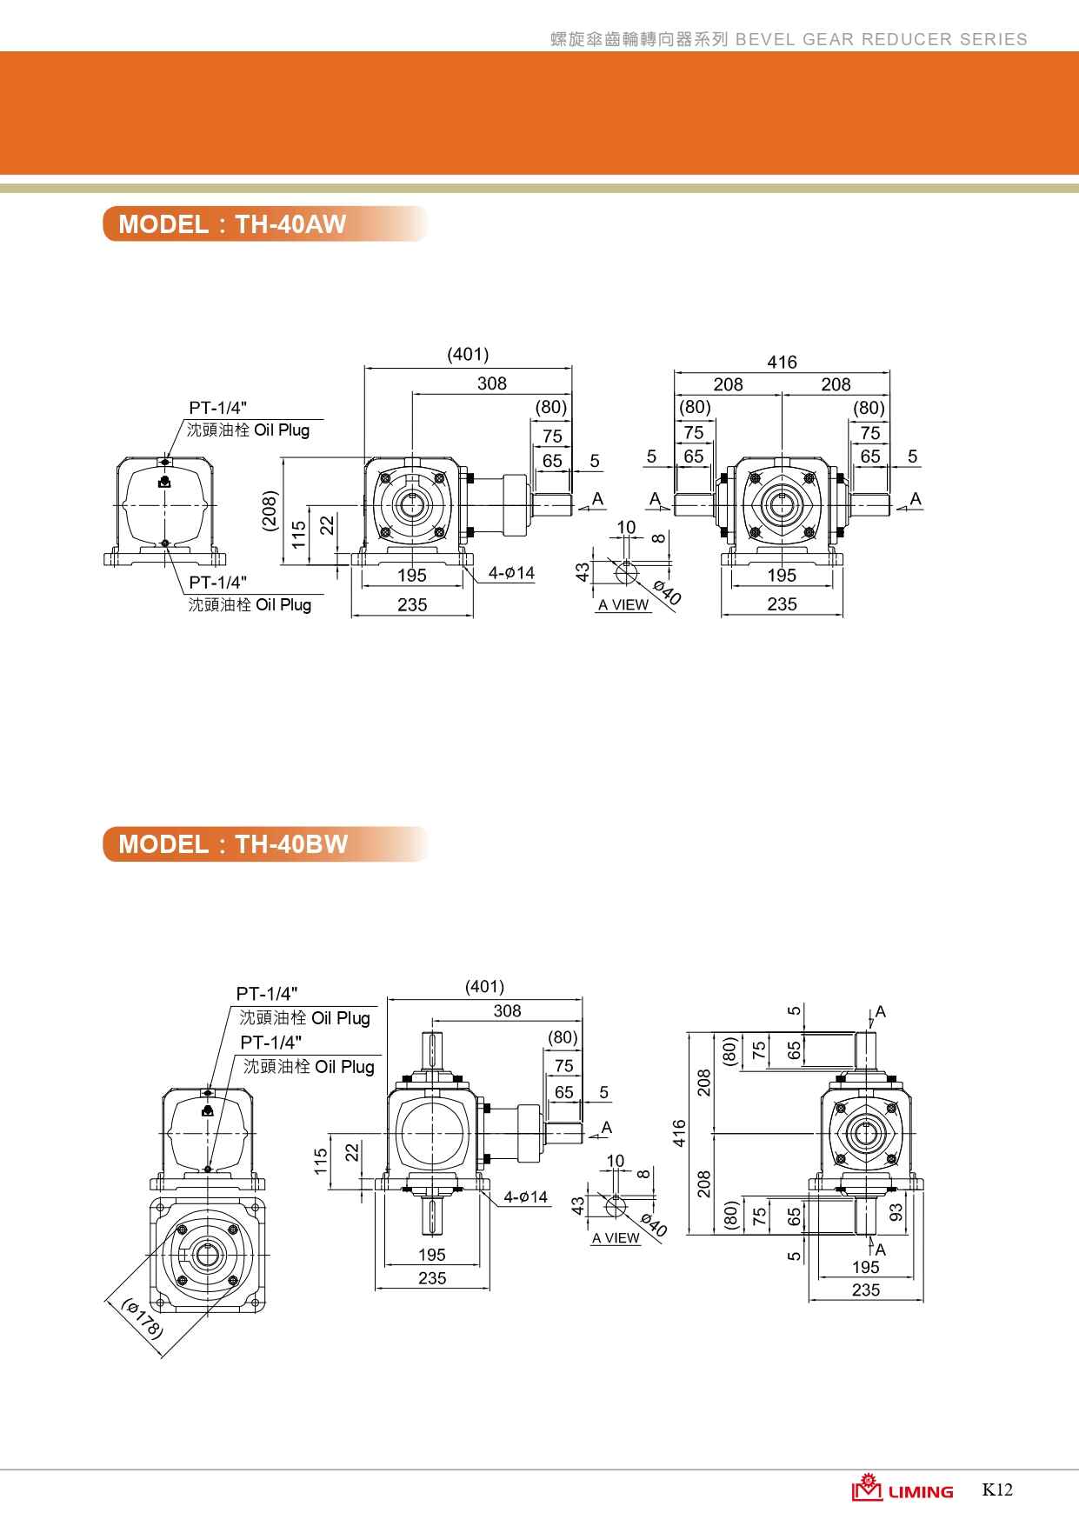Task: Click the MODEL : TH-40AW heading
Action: coord(232,224)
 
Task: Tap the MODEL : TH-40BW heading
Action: coord(233,844)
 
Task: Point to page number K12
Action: coord(997,1489)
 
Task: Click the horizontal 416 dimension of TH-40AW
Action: coord(782,362)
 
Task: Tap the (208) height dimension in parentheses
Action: coord(270,514)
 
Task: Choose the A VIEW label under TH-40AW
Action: coord(623,605)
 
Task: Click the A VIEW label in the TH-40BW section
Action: coord(616,1238)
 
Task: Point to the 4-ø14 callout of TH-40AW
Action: coord(511,573)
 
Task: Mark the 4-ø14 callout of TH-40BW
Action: coord(525,1197)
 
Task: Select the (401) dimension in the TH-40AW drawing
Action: coord(468,354)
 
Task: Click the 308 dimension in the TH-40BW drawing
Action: coord(507,1010)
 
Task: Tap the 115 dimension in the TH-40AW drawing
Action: coord(298,533)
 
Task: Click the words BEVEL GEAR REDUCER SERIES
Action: coord(882,39)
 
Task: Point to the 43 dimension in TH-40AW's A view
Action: coord(583,571)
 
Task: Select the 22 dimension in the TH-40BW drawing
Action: coord(351,1151)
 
